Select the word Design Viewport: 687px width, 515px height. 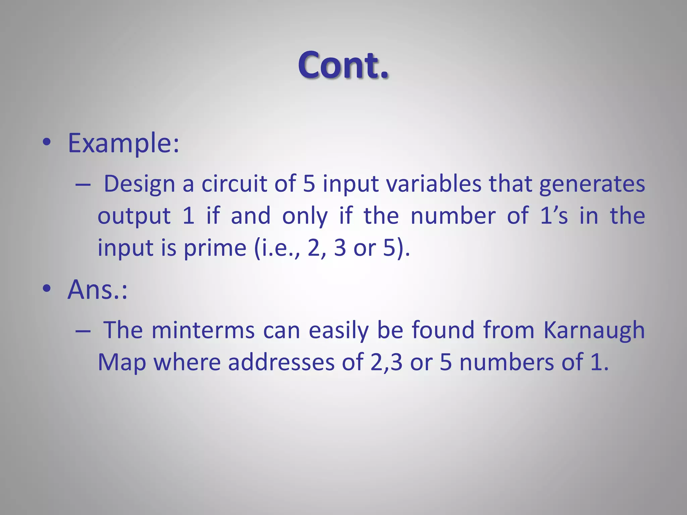tap(140, 184)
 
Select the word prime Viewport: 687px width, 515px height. tap(215, 248)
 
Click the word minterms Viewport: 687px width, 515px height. tap(203, 331)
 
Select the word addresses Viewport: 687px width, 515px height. tap(281, 362)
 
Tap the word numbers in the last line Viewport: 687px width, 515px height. tap(507, 362)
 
